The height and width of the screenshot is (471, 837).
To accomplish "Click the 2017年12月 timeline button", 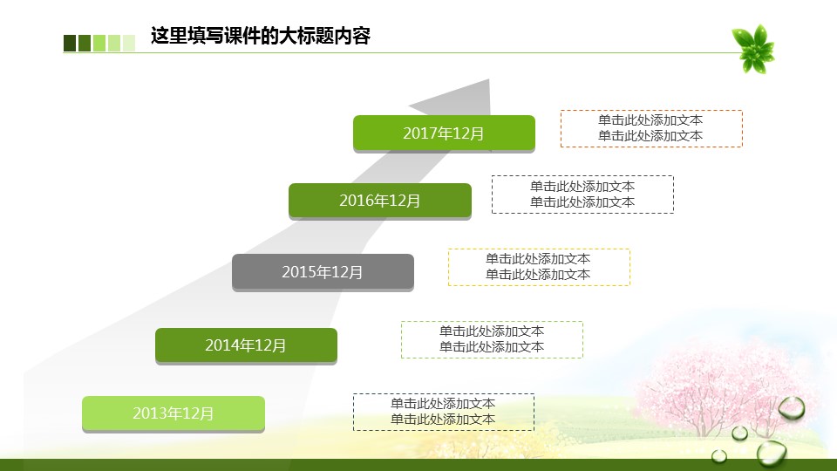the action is (x=444, y=133).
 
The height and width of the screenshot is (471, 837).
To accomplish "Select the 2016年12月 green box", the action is (x=380, y=201).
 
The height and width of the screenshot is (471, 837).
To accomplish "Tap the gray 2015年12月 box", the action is (x=323, y=272).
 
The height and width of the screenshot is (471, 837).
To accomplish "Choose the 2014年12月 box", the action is (x=246, y=345).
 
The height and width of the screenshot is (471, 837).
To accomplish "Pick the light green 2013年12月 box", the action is (x=174, y=413).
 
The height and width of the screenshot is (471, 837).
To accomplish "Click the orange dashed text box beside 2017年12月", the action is (x=651, y=128).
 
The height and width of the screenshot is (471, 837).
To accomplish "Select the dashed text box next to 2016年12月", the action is (x=582, y=195).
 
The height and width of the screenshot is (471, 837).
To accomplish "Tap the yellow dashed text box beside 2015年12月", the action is (x=539, y=267).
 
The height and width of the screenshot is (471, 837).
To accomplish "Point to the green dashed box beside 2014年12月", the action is (x=492, y=339).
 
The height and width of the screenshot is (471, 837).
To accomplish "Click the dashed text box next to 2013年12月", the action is (x=444, y=412).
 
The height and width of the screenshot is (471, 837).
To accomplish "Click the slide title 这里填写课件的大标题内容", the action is (x=261, y=37).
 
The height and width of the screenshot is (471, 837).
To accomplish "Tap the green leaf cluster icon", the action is (x=753, y=48).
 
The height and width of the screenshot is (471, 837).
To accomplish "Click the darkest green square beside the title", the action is (x=70, y=44).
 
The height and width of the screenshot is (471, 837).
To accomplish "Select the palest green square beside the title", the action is (x=129, y=44).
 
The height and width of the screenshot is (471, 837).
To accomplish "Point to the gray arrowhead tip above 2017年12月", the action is (x=488, y=80).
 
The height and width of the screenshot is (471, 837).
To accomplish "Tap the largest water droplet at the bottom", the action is (x=772, y=453).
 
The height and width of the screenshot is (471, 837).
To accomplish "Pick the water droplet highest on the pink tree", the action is (x=792, y=408).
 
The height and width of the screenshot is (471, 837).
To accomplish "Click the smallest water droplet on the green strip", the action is (x=719, y=455).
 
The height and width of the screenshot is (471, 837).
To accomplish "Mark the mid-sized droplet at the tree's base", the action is (x=739, y=433).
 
